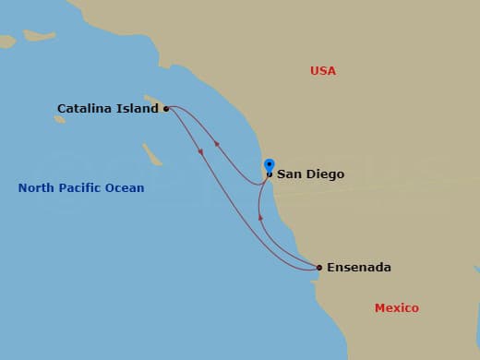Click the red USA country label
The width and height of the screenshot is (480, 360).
pos(323,71)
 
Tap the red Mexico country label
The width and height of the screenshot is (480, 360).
pos(396,307)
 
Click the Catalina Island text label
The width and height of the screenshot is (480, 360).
pos(107,109)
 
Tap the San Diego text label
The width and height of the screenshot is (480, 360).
pos(311,174)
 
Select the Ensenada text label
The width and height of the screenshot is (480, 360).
pos(359,268)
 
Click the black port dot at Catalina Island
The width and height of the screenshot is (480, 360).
pos(166,109)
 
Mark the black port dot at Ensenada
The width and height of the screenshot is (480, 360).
pos(319,268)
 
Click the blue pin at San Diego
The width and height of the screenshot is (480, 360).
pos(269,166)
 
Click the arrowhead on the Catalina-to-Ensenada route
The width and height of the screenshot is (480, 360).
pos(201,150)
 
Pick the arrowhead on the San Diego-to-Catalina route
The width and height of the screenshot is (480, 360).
pos(217,143)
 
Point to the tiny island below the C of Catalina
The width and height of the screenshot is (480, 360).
pos(60,119)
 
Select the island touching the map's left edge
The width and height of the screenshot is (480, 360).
pos(7,42)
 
